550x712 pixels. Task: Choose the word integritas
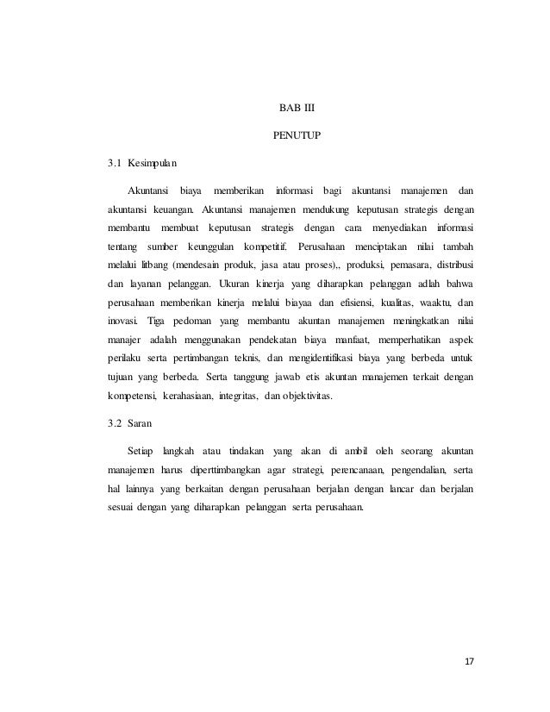pos(247,397)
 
